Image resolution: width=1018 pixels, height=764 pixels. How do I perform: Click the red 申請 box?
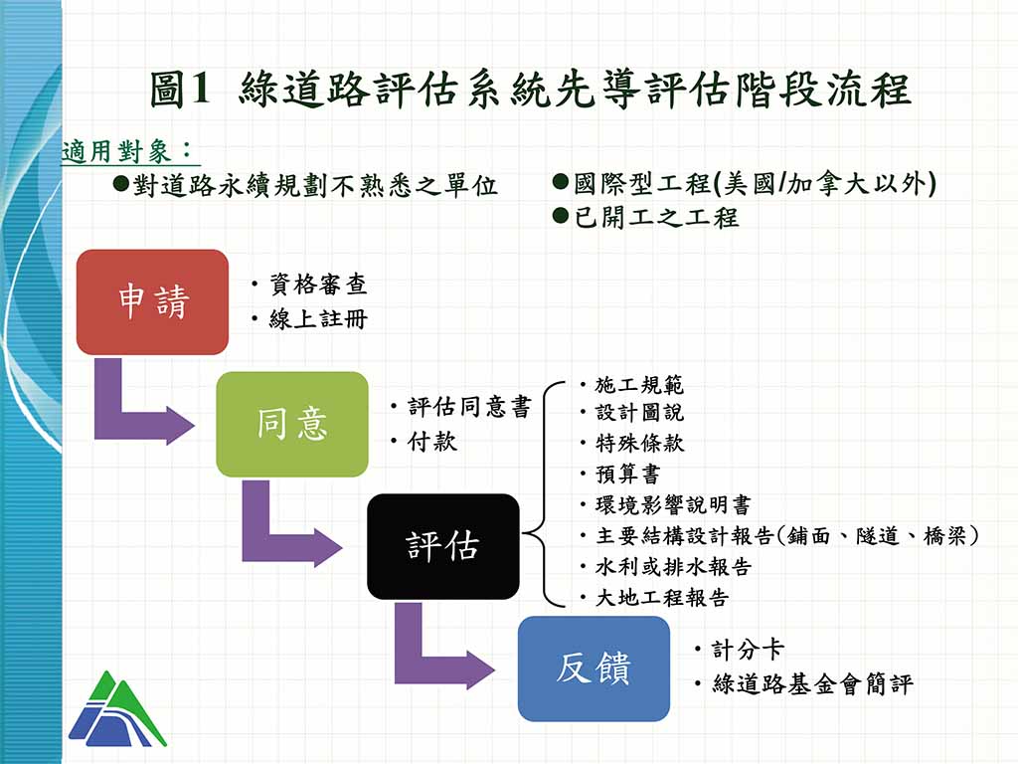(152, 301)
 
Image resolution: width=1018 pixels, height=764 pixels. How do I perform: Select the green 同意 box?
(292, 424)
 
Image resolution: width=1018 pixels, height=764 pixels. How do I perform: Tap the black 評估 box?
(442, 546)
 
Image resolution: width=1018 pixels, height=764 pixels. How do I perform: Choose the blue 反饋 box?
(594, 668)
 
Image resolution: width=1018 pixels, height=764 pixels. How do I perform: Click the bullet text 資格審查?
(318, 285)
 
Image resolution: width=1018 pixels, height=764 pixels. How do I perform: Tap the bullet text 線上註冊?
(318, 319)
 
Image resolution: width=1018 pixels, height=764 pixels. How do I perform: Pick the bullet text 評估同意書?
(469, 407)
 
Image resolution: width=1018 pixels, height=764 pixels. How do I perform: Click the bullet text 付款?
(431, 442)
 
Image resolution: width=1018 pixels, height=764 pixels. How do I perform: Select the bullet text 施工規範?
(639, 385)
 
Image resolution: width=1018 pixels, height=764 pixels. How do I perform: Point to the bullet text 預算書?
(628, 475)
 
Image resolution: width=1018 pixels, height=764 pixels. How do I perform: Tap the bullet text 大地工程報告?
(662, 598)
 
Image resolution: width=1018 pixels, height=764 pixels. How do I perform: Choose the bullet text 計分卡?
(748, 649)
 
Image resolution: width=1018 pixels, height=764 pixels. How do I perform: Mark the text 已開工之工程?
(656, 217)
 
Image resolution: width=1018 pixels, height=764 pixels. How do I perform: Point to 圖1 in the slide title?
(181, 89)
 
